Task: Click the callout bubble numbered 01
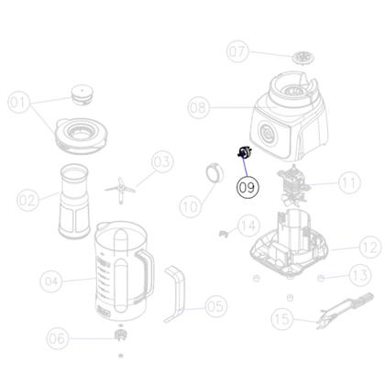point(19,103)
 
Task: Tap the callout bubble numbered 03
point(161,162)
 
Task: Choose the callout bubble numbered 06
point(58,339)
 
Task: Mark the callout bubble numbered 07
point(238,49)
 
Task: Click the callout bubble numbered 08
point(199,107)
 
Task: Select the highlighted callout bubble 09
point(247,187)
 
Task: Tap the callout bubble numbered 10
point(190,208)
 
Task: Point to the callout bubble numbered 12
point(368,246)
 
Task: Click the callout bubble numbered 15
point(282,318)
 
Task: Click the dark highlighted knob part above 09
point(244,155)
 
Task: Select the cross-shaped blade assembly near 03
point(119,187)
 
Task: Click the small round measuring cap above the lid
point(83,95)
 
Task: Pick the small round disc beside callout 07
point(302,59)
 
